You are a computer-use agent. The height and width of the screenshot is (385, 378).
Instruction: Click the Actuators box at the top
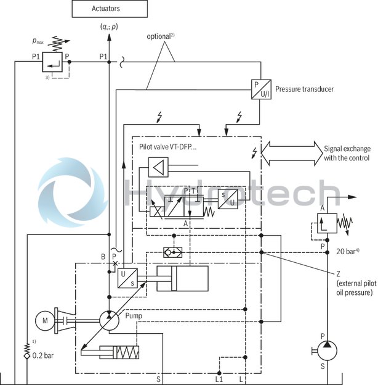click(110, 9)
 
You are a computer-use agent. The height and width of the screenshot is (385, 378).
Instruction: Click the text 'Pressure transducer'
click(305, 89)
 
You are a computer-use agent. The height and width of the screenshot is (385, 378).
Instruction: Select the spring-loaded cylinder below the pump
click(110, 354)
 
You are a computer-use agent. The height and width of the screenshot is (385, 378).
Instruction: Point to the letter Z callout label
click(339, 274)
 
